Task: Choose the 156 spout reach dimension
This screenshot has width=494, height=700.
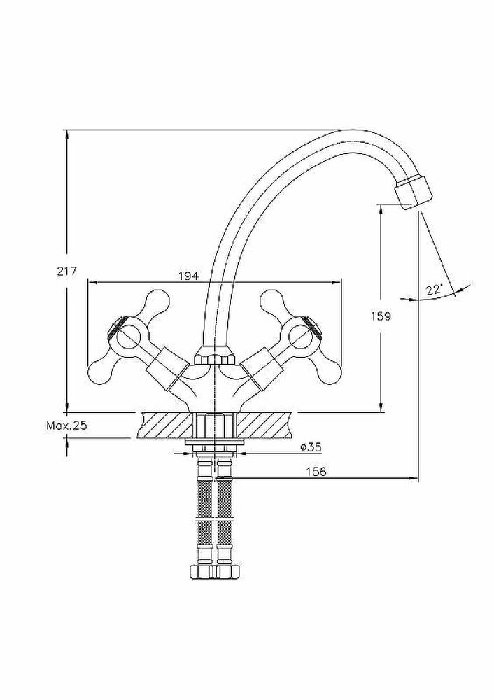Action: click(317, 472)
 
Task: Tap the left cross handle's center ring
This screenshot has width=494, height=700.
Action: click(128, 338)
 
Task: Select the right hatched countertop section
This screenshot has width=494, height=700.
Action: click(266, 426)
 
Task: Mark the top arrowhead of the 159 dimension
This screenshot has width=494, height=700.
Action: click(381, 208)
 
